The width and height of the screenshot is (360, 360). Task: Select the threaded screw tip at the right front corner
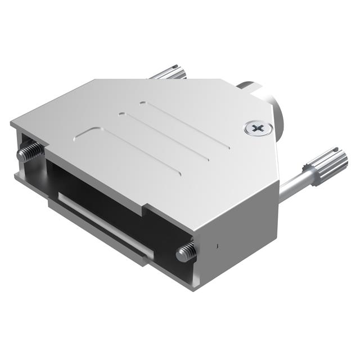click(186, 253)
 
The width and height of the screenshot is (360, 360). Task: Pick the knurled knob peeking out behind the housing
click(169, 73)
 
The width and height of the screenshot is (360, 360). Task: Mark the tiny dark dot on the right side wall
click(217, 245)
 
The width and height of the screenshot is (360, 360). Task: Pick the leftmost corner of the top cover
click(11, 123)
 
